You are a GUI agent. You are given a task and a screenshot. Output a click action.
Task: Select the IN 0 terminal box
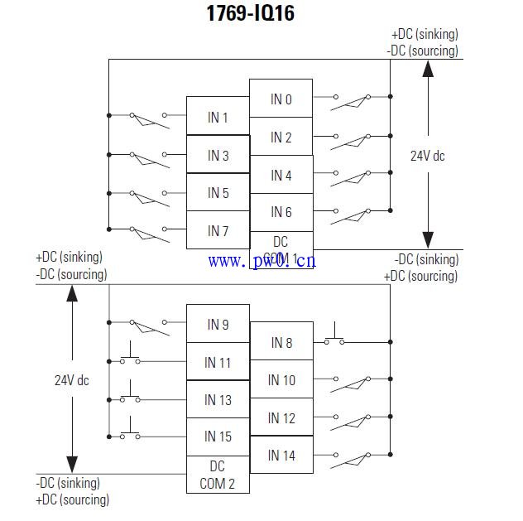click(281, 99)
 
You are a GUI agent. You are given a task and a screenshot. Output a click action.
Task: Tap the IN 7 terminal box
click(218, 230)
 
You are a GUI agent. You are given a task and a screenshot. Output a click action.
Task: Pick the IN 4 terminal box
click(281, 175)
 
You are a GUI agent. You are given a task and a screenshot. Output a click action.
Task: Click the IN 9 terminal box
click(218, 324)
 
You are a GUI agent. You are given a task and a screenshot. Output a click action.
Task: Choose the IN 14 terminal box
click(281, 456)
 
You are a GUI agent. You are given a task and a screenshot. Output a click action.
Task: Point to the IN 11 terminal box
click(218, 362)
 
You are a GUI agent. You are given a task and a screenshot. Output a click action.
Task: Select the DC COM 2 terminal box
click(218, 475)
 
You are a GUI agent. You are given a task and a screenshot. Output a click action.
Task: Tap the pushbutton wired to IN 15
click(130, 434)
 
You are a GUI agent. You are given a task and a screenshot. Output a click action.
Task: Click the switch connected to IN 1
click(148, 118)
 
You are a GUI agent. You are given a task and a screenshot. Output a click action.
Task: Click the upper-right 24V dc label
click(428, 155)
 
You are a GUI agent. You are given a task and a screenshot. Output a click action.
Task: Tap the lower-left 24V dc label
click(72, 380)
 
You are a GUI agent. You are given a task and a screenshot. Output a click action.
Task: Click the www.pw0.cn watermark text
click(261, 262)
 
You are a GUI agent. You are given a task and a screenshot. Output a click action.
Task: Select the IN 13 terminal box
click(218, 399)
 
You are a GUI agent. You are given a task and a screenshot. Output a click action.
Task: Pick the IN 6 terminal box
click(281, 212)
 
